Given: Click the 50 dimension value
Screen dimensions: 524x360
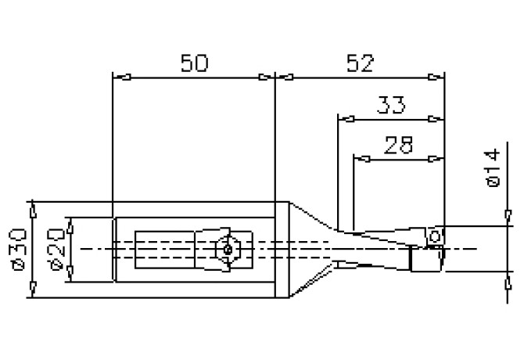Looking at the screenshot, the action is [x=194, y=63].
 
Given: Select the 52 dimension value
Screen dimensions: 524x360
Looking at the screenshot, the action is [x=361, y=63].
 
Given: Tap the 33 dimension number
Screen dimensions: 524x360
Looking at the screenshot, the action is [x=391, y=105].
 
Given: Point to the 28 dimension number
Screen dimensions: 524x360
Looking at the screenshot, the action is [x=399, y=145].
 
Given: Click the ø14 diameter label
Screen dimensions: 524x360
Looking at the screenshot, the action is [x=492, y=168].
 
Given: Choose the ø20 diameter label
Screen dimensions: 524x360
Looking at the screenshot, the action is [x=56, y=250].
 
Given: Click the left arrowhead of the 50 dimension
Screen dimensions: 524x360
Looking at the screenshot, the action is [x=122, y=77].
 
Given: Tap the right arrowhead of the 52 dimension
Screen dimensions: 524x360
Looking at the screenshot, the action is [x=436, y=77].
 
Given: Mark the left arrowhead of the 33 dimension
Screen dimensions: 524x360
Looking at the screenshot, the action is [x=346, y=119].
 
